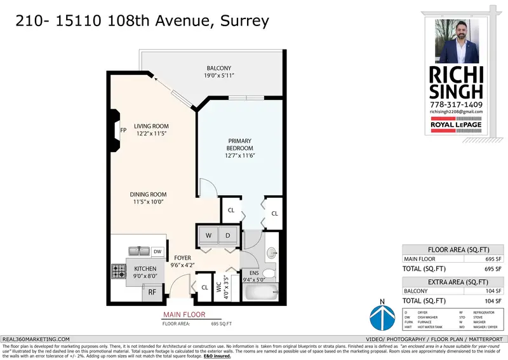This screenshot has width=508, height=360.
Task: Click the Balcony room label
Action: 218,68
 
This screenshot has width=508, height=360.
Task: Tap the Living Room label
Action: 150,126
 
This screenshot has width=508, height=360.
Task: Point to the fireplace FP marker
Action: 123,130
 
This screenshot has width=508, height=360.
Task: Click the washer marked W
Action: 208,235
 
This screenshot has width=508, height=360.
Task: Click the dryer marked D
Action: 228,235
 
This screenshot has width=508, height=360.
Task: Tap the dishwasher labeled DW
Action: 157,252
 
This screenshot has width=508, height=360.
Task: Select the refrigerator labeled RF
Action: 152,292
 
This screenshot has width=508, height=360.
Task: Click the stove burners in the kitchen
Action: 119,273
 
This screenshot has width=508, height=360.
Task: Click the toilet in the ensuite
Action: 269,273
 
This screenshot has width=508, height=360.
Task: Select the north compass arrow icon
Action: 382,316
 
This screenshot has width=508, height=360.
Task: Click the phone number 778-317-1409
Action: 456,104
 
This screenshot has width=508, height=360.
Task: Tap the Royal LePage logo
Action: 457,125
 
